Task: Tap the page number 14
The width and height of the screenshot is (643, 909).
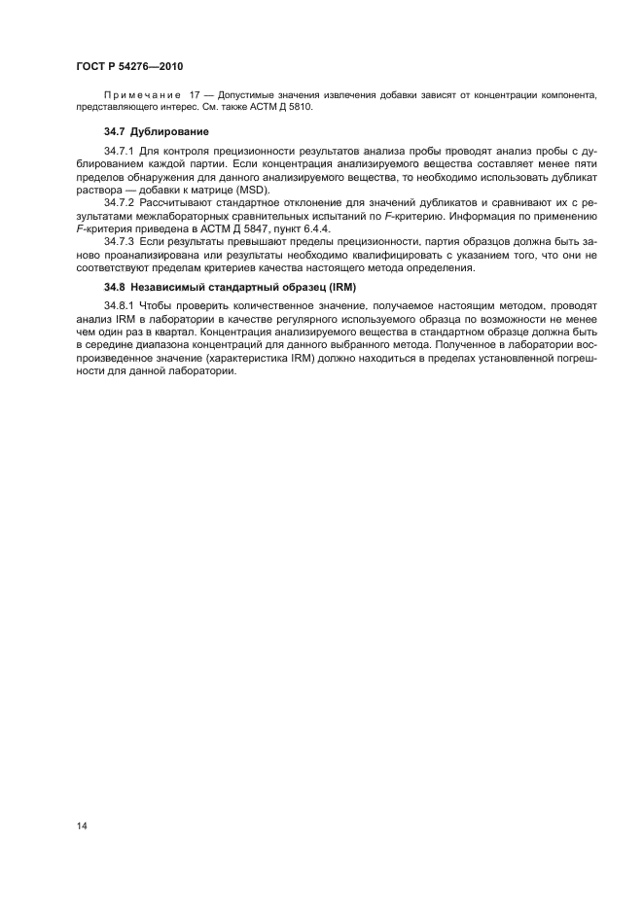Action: tap(81, 824)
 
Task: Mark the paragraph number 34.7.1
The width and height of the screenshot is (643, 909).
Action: tap(120, 151)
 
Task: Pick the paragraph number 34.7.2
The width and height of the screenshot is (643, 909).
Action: tap(120, 202)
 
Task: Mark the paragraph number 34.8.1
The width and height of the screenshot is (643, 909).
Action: tap(120, 305)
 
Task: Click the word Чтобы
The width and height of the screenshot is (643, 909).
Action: tap(161, 305)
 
